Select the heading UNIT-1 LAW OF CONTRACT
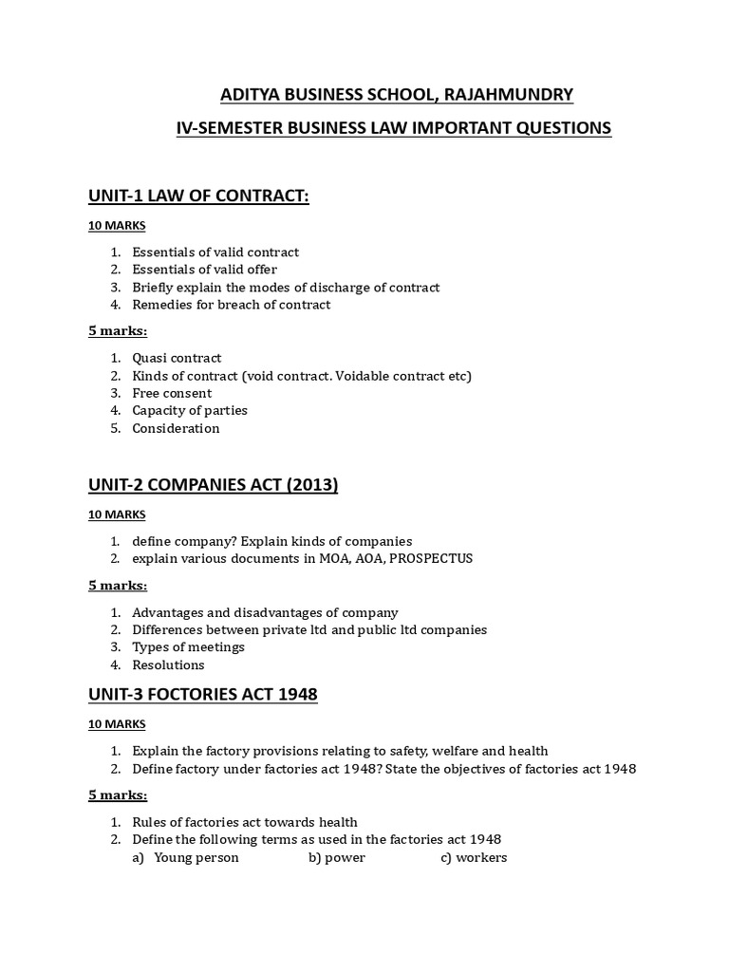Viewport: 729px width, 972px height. [x=198, y=196]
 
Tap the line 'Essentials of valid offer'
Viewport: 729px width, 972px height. [x=204, y=270]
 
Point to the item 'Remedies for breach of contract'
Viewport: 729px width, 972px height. [x=231, y=305]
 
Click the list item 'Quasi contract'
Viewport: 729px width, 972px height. [x=177, y=358]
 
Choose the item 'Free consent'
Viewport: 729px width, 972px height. [x=172, y=393]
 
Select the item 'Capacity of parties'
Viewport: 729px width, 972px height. [x=190, y=410]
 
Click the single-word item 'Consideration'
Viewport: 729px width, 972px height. [x=176, y=428]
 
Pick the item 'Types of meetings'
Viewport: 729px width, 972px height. [x=188, y=646]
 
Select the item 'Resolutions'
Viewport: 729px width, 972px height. [x=168, y=664]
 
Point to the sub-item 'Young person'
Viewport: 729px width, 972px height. [x=196, y=857]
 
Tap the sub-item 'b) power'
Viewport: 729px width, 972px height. [x=336, y=857]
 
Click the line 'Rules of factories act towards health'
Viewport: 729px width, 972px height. [x=245, y=822]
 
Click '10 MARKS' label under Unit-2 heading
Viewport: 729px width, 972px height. [x=117, y=514]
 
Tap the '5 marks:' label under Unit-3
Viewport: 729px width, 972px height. [x=118, y=794]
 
